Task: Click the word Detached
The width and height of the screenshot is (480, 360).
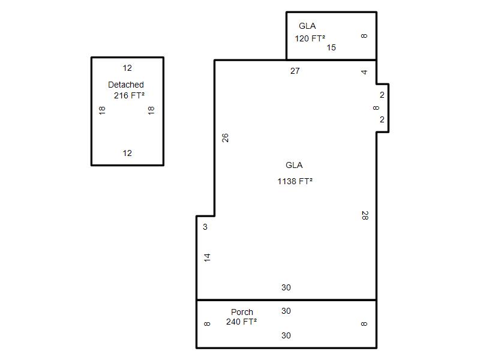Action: click(126, 85)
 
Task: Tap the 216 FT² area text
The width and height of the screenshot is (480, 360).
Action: click(129, 95)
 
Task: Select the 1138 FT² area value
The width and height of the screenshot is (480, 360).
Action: click(295, 181)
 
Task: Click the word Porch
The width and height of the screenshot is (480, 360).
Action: click(242, 312)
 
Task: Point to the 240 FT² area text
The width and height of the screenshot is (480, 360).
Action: click(242, 322)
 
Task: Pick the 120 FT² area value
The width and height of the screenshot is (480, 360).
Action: click(310, 38)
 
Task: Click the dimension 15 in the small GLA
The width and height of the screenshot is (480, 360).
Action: click(331, 47)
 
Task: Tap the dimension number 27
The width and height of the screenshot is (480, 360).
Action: click(295, 71)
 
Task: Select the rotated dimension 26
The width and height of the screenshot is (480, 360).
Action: click(225, 138)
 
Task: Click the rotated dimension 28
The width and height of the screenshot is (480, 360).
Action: click(365, 215)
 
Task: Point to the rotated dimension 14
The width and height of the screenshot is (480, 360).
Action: click(207, 257)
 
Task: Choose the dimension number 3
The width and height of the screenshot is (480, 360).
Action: click(205, 227)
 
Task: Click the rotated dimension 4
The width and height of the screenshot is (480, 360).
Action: click(364, 72)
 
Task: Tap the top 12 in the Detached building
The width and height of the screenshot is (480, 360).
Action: click(127, 68)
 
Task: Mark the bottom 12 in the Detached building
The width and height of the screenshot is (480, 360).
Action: click(127, 153)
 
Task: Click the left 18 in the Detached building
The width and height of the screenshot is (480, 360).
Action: click(102, 110)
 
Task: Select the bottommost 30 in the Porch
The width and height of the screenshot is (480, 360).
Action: click(286, 335)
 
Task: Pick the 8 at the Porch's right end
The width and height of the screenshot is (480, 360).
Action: click(364, 324)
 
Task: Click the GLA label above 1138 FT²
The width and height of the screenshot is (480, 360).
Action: click(294, 166)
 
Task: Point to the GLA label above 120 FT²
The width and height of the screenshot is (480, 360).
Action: click(307, 26)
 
